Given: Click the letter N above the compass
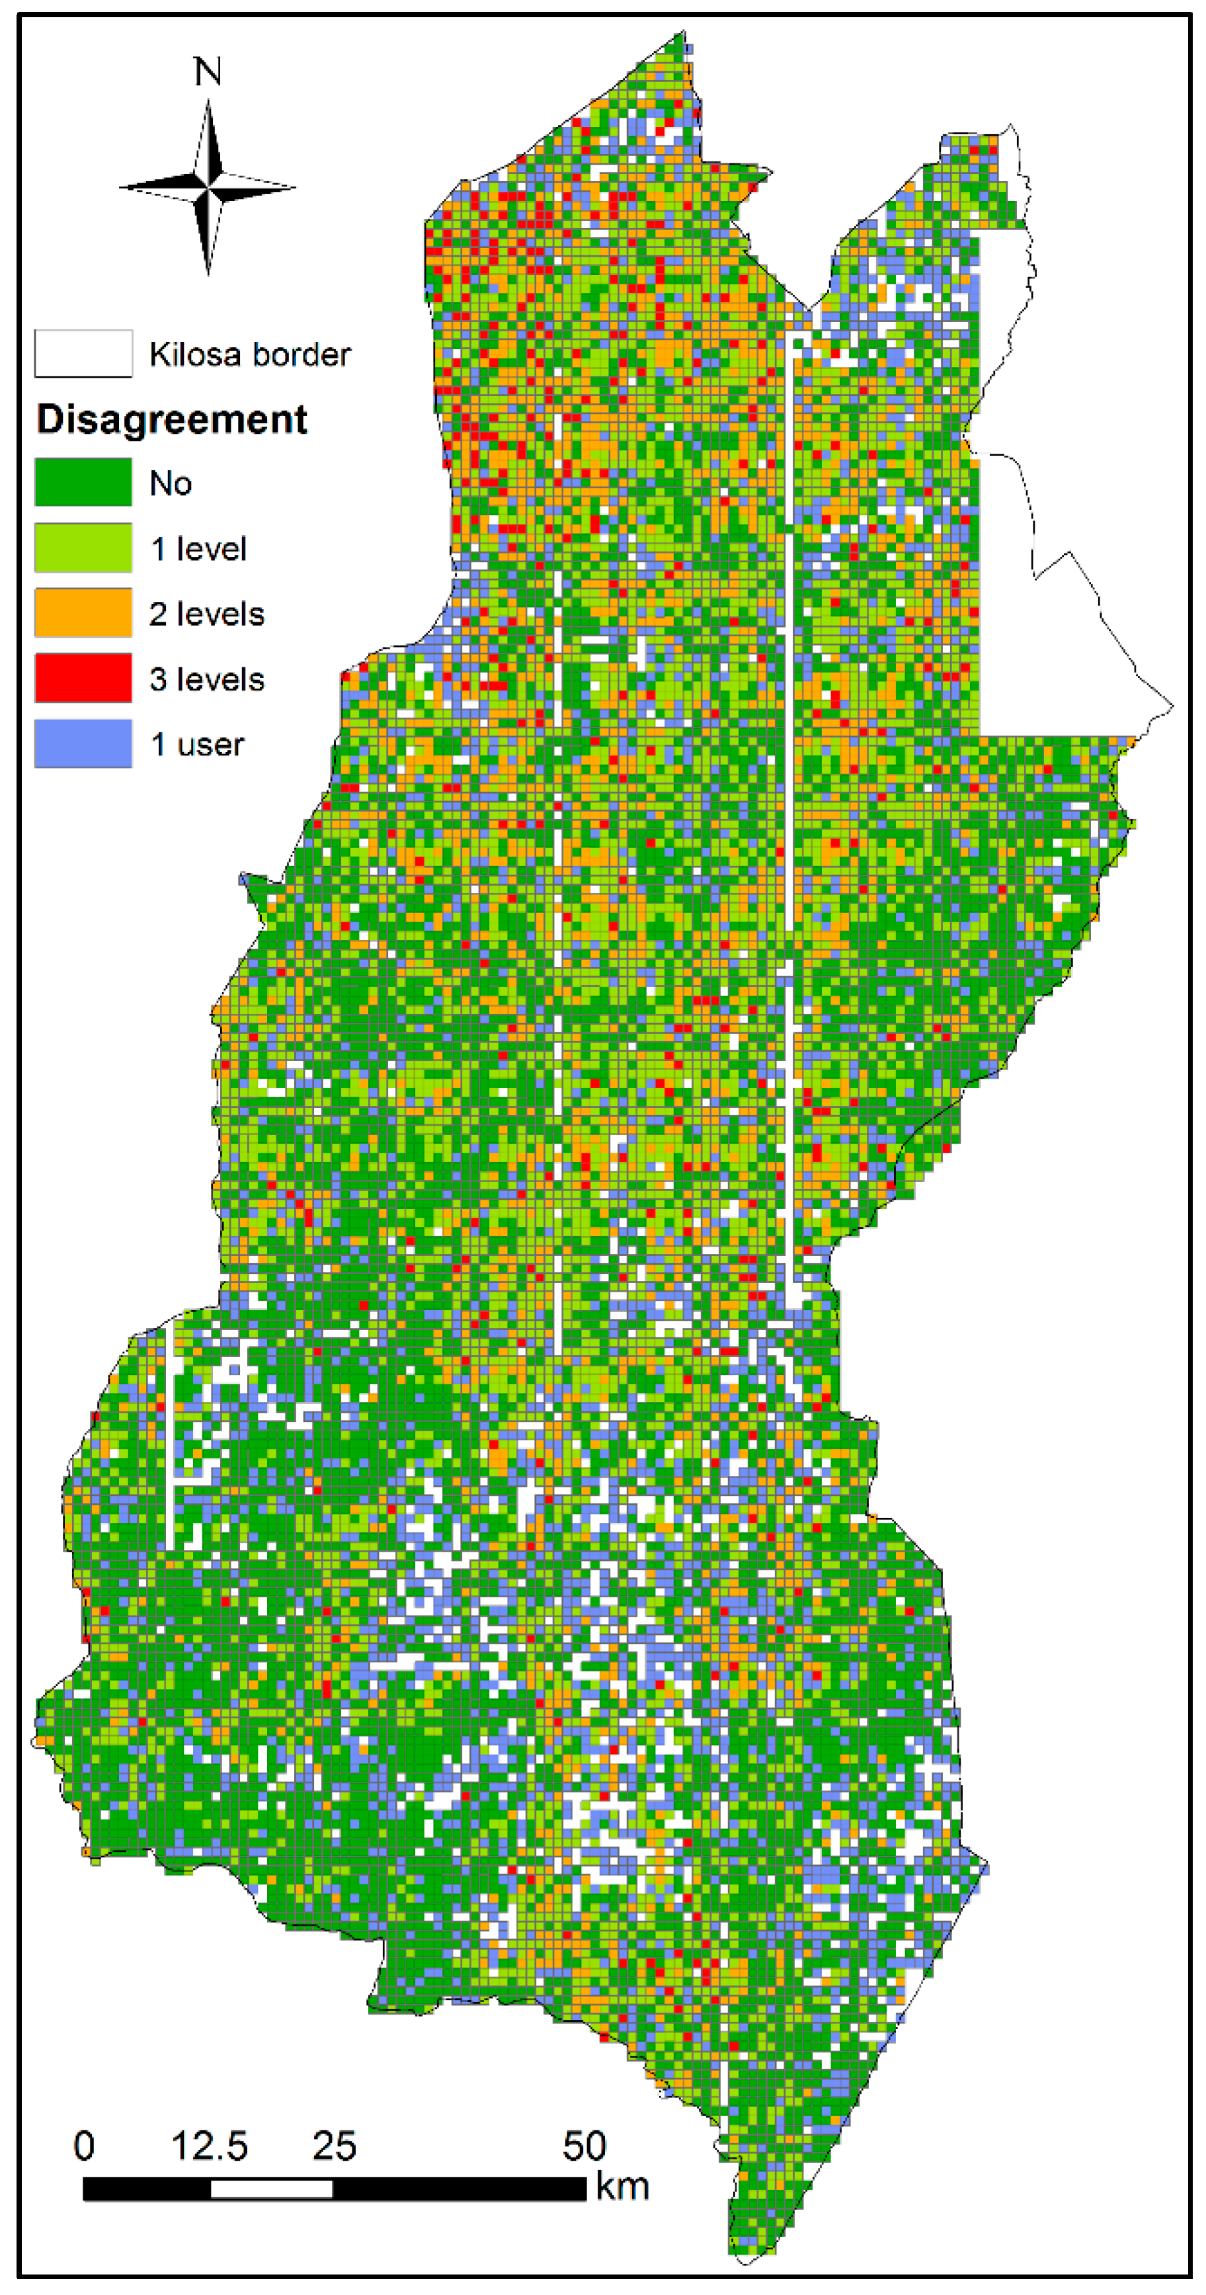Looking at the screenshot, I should [x=208, y=72].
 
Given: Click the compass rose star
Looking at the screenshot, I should [x=208, y=187].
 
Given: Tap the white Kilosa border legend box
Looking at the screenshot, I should [x=83, y=354].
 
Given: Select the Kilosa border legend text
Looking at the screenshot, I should [x=249, y=355].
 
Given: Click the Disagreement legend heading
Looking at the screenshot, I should [x=172, y=419].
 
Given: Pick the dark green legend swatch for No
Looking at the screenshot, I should [x=83, y=483].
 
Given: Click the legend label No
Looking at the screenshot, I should [x=170, y=483].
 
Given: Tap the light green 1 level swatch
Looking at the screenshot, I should [x=83, y=548].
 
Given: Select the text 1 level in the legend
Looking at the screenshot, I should [x=198, y=549].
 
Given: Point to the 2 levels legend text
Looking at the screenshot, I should [x=207, y=614].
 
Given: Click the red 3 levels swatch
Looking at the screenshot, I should [x=83, y=678].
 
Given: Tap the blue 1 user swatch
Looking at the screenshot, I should [x=83, y=743].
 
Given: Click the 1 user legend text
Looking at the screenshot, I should [x=197, y=744].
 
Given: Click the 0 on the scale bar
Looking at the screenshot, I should [x=84, y=2146].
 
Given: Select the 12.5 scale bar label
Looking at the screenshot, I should [x=210, y=2146].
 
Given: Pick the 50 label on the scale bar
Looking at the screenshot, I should [x=584, y=2146].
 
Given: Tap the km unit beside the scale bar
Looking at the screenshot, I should [x=622, y=2187].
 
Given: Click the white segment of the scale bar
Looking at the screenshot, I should [x=272, y=2188].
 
